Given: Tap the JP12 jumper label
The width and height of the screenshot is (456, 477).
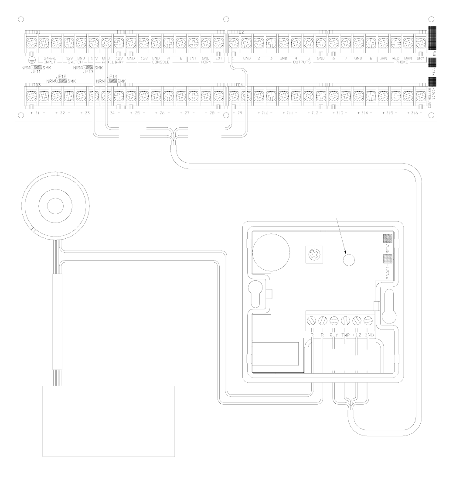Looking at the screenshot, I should point(61,76).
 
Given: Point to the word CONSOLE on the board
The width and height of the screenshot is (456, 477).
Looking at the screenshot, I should point(160,63).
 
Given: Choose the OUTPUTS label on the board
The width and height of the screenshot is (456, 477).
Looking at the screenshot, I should point(301,63).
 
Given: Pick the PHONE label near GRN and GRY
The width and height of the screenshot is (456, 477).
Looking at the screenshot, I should point(401,63).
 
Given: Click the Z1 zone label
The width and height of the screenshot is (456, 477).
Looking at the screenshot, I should point(37,113).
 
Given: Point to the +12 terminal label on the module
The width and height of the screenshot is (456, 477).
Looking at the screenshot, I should point(357,335).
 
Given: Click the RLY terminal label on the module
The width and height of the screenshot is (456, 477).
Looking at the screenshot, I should point(334,335).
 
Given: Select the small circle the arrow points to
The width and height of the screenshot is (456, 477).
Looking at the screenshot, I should point(348,260).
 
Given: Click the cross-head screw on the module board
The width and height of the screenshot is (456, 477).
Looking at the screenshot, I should point(312,253).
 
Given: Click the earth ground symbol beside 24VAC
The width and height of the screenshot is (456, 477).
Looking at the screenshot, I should point(31,61).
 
